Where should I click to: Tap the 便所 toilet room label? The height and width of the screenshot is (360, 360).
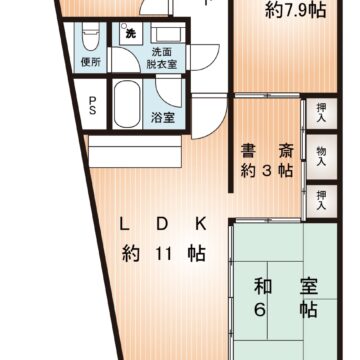(x=90, y=61)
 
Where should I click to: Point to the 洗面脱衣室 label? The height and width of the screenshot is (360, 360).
(x=161, y=56)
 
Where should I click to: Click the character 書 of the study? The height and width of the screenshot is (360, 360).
(x=248, y=152)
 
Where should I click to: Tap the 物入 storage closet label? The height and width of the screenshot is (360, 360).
(x=321, y=156)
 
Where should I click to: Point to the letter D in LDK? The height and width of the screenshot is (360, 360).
(x=162, y=224)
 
